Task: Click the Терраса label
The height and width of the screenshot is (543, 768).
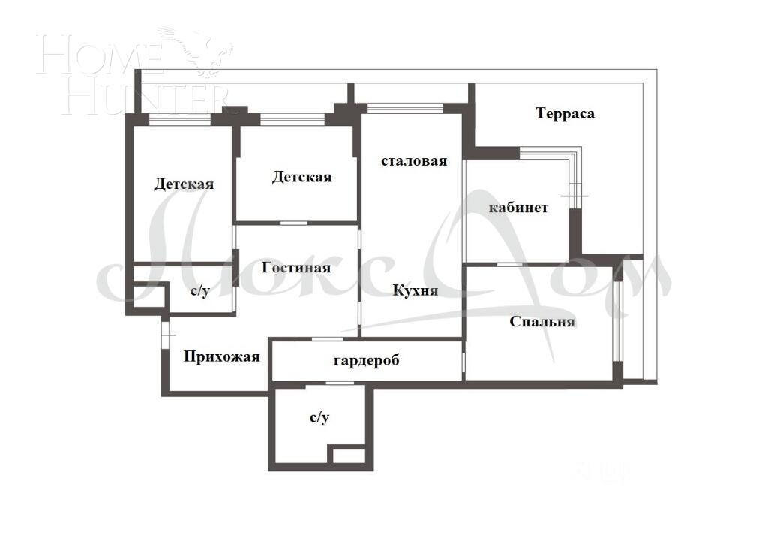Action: point(565,113)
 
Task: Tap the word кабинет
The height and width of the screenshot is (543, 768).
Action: point(518,208)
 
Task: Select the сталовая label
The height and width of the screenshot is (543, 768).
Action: point(414,161)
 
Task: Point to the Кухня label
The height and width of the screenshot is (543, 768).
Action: point(415,290)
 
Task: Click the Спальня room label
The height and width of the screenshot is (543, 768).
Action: point(542,322)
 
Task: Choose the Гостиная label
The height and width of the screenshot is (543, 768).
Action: point(296,267)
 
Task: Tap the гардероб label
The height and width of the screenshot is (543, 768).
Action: point(367,360)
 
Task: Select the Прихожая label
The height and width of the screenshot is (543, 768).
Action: point(222,356)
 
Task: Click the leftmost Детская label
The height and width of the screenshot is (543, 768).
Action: point(184,184)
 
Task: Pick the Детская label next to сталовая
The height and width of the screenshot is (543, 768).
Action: point(301,177)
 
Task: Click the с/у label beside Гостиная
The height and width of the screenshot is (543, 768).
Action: point(199,291)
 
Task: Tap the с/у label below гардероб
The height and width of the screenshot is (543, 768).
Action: point(319,418)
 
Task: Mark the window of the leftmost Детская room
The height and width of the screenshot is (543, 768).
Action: point(180,118)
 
